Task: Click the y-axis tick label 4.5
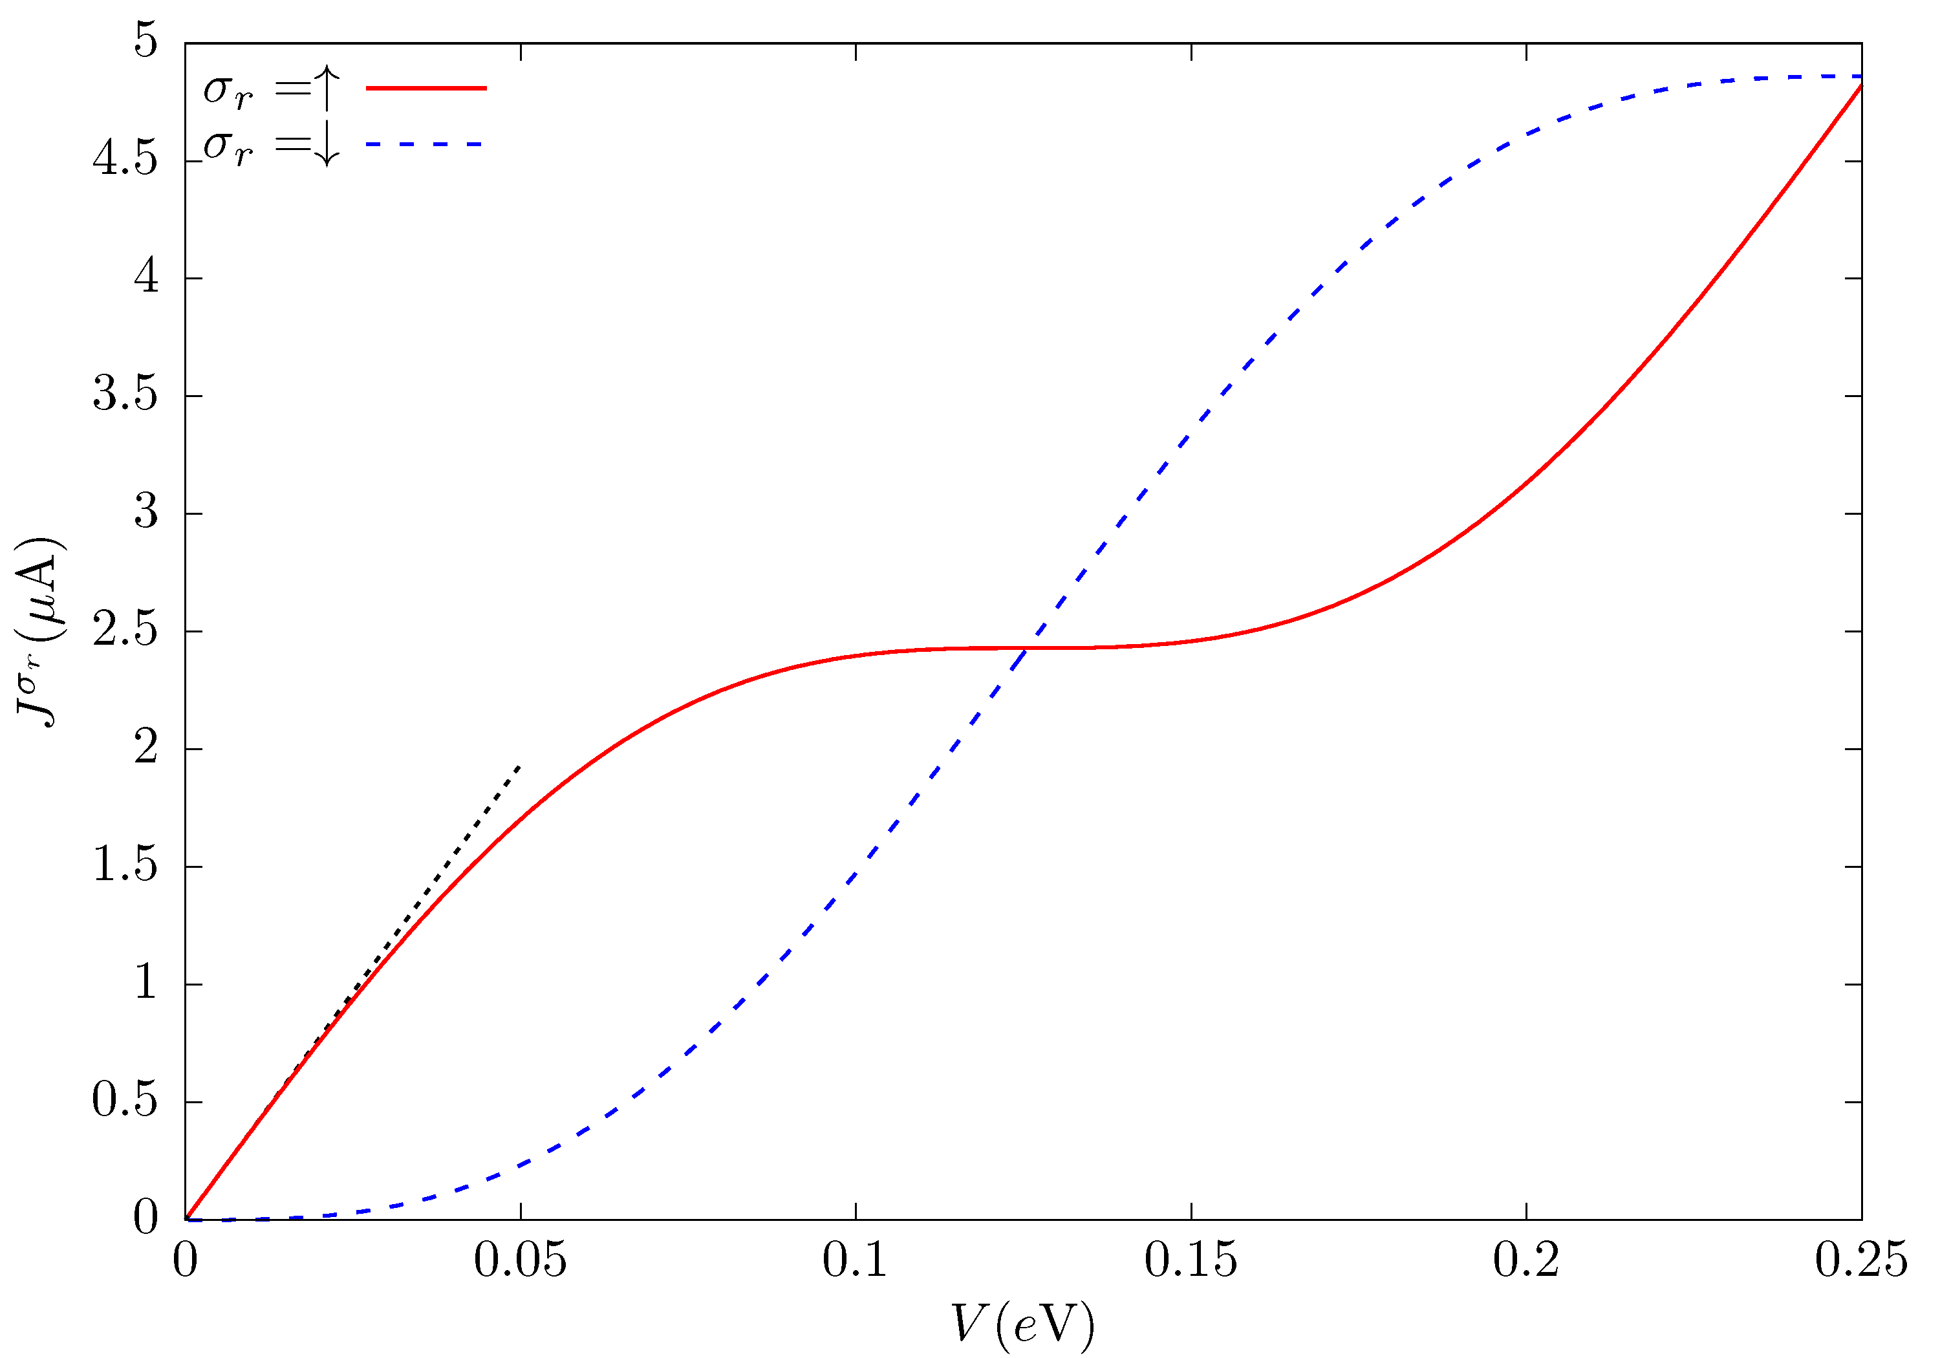tap(125, 160)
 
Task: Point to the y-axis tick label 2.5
tap(125, 631)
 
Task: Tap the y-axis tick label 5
tap(145, 41)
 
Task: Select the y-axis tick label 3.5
tap(125, 396)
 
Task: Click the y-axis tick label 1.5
tap(125, 866)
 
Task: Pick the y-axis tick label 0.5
tap(125, 1102)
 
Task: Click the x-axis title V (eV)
tap(1022, 1324)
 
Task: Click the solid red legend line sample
tap(427, 88)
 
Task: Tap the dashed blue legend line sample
tap(424, 144)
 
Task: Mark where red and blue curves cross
tap(1026, 648)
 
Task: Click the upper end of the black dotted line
tap(519, 766)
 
